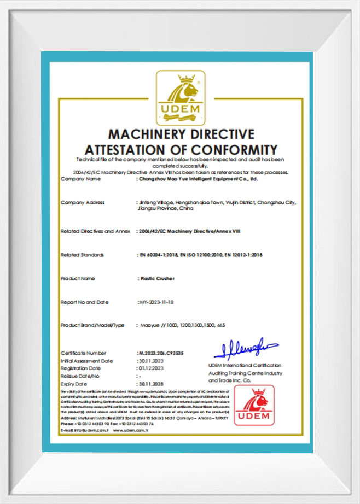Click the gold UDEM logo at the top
click(181, 98)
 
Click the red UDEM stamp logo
click(254, 405)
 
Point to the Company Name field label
click(81, 179)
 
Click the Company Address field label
click(83, 203)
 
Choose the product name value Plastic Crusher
click(157, 278)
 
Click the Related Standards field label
click(83, 255)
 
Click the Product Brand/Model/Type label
click(94, 325)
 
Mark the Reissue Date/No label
click(80, 376)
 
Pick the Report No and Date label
click(85, 302)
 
